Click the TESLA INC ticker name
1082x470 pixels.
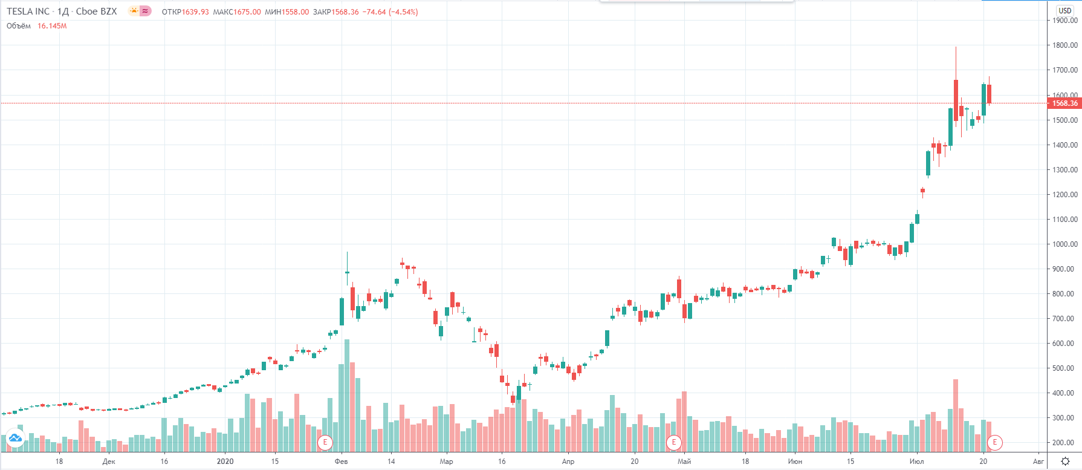tap(28, 11)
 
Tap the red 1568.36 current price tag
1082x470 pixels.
tap(1064, 103)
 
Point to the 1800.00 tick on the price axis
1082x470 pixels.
tap(1064, 45)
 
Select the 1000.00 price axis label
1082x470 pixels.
tap(1064, 244)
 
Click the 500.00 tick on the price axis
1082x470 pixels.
tap(1064, 368)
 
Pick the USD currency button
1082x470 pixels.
tap(1064, 10)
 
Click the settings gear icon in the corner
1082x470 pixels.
tap(1065, 462)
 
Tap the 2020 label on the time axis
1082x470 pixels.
tap(225, 462)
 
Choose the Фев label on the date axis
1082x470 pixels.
tap(341, 462)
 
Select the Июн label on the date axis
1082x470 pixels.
tap(795, 462)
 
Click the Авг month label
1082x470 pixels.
tap(1038, 462)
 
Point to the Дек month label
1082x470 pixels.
tap(109, 462)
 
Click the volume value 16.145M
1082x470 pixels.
tap(52, 26)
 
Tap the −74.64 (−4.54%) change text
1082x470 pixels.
tap(390, 12)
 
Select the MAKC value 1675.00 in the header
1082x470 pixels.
tap(247, 12)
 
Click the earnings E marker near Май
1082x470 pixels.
tap(673, 442)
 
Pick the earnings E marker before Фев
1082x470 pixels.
tap(325, 442)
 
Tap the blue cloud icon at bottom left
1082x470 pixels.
tap(15, 438)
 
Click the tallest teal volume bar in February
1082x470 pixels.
tap(347, 396)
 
